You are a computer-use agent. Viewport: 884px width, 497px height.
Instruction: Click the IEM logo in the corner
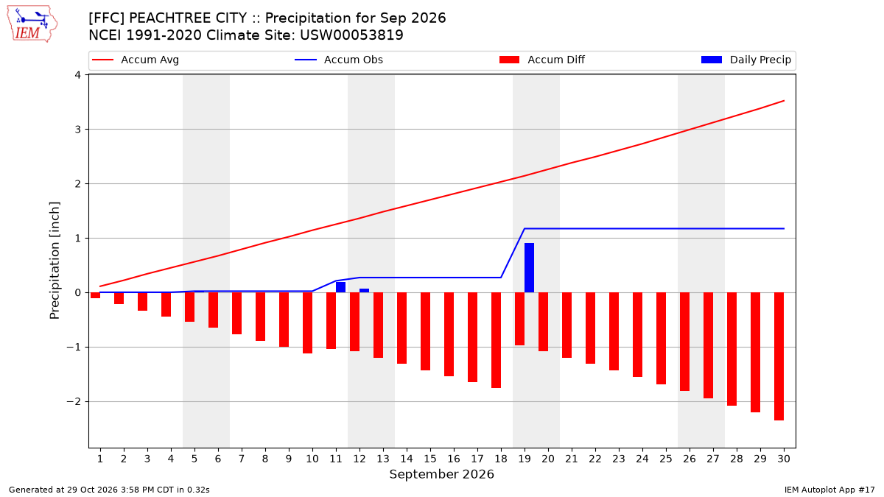tap(32, 24)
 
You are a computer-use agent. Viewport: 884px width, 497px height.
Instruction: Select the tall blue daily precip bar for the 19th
tap(529, 268)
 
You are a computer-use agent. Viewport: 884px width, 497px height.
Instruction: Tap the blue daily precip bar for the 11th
tap(340, 287)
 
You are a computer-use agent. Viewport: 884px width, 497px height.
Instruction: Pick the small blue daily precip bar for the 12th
tap(364, 291)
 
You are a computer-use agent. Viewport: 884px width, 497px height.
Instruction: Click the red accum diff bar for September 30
tap(779, 356)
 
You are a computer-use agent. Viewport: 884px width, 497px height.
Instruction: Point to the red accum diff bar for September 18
tap(496, 340)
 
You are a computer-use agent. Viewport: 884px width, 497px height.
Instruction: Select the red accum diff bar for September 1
tap(95, 295)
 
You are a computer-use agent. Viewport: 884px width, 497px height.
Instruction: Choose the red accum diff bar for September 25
tap(661, 339)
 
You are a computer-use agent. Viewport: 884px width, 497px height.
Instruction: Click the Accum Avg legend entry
tap(136, 60)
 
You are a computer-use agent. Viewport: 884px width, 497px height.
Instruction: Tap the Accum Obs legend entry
tap(339, 60)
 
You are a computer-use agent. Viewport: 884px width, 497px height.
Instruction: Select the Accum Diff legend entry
tap(542, 60)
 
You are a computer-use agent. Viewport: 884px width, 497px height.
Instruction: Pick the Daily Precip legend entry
tap(746, 60)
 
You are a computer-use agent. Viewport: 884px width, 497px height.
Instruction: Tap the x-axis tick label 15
tap(430, 459)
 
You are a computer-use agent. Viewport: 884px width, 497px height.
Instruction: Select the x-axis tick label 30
tap(784, 459)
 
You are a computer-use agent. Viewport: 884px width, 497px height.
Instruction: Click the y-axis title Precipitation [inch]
tap(55, 261)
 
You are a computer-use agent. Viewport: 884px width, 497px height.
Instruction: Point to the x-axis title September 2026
tap(441, 474)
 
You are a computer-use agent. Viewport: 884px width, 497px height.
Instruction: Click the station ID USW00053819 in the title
tap(351, 35)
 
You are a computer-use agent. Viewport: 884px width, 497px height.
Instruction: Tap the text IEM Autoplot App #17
tap(829, 490)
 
